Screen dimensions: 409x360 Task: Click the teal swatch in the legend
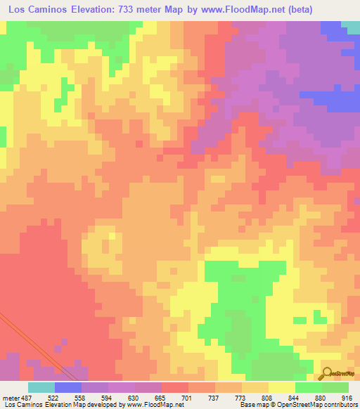41,387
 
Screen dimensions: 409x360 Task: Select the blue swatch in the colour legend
68,387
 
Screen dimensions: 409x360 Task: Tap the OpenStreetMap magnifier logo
327,373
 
